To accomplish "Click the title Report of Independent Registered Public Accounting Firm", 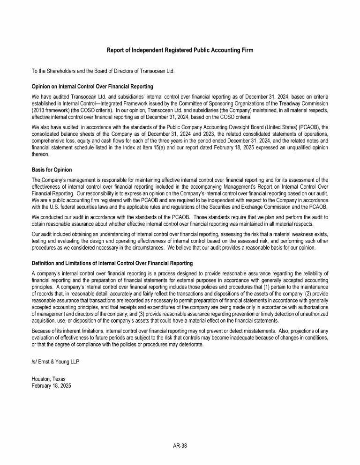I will (180, 50).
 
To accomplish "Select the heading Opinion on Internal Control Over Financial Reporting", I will (92, 86).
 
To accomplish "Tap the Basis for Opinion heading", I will (52, 170).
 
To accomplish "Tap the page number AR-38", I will (180, 446).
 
